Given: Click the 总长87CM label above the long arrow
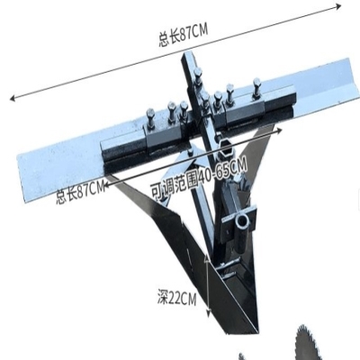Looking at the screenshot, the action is coord(183,35).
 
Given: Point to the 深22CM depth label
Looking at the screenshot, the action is coord(177,298).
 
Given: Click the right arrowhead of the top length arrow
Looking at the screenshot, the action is coord(338,6).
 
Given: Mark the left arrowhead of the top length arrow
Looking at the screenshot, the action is coord(13,98).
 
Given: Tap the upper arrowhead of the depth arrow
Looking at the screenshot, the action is coord(207,257).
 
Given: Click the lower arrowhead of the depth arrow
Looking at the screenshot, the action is coord(208,313).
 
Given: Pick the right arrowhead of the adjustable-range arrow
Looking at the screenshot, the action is coord(279,130).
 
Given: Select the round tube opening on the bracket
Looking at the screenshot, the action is coord(242,221).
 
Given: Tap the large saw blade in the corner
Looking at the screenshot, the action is coord(328,342).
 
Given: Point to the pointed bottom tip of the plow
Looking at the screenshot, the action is coord(256,332).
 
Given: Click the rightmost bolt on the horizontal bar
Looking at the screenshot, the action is coord(256,88).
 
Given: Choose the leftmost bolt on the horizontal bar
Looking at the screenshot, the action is coord(150,119).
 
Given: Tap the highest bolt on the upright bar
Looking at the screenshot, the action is coord(197,76).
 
